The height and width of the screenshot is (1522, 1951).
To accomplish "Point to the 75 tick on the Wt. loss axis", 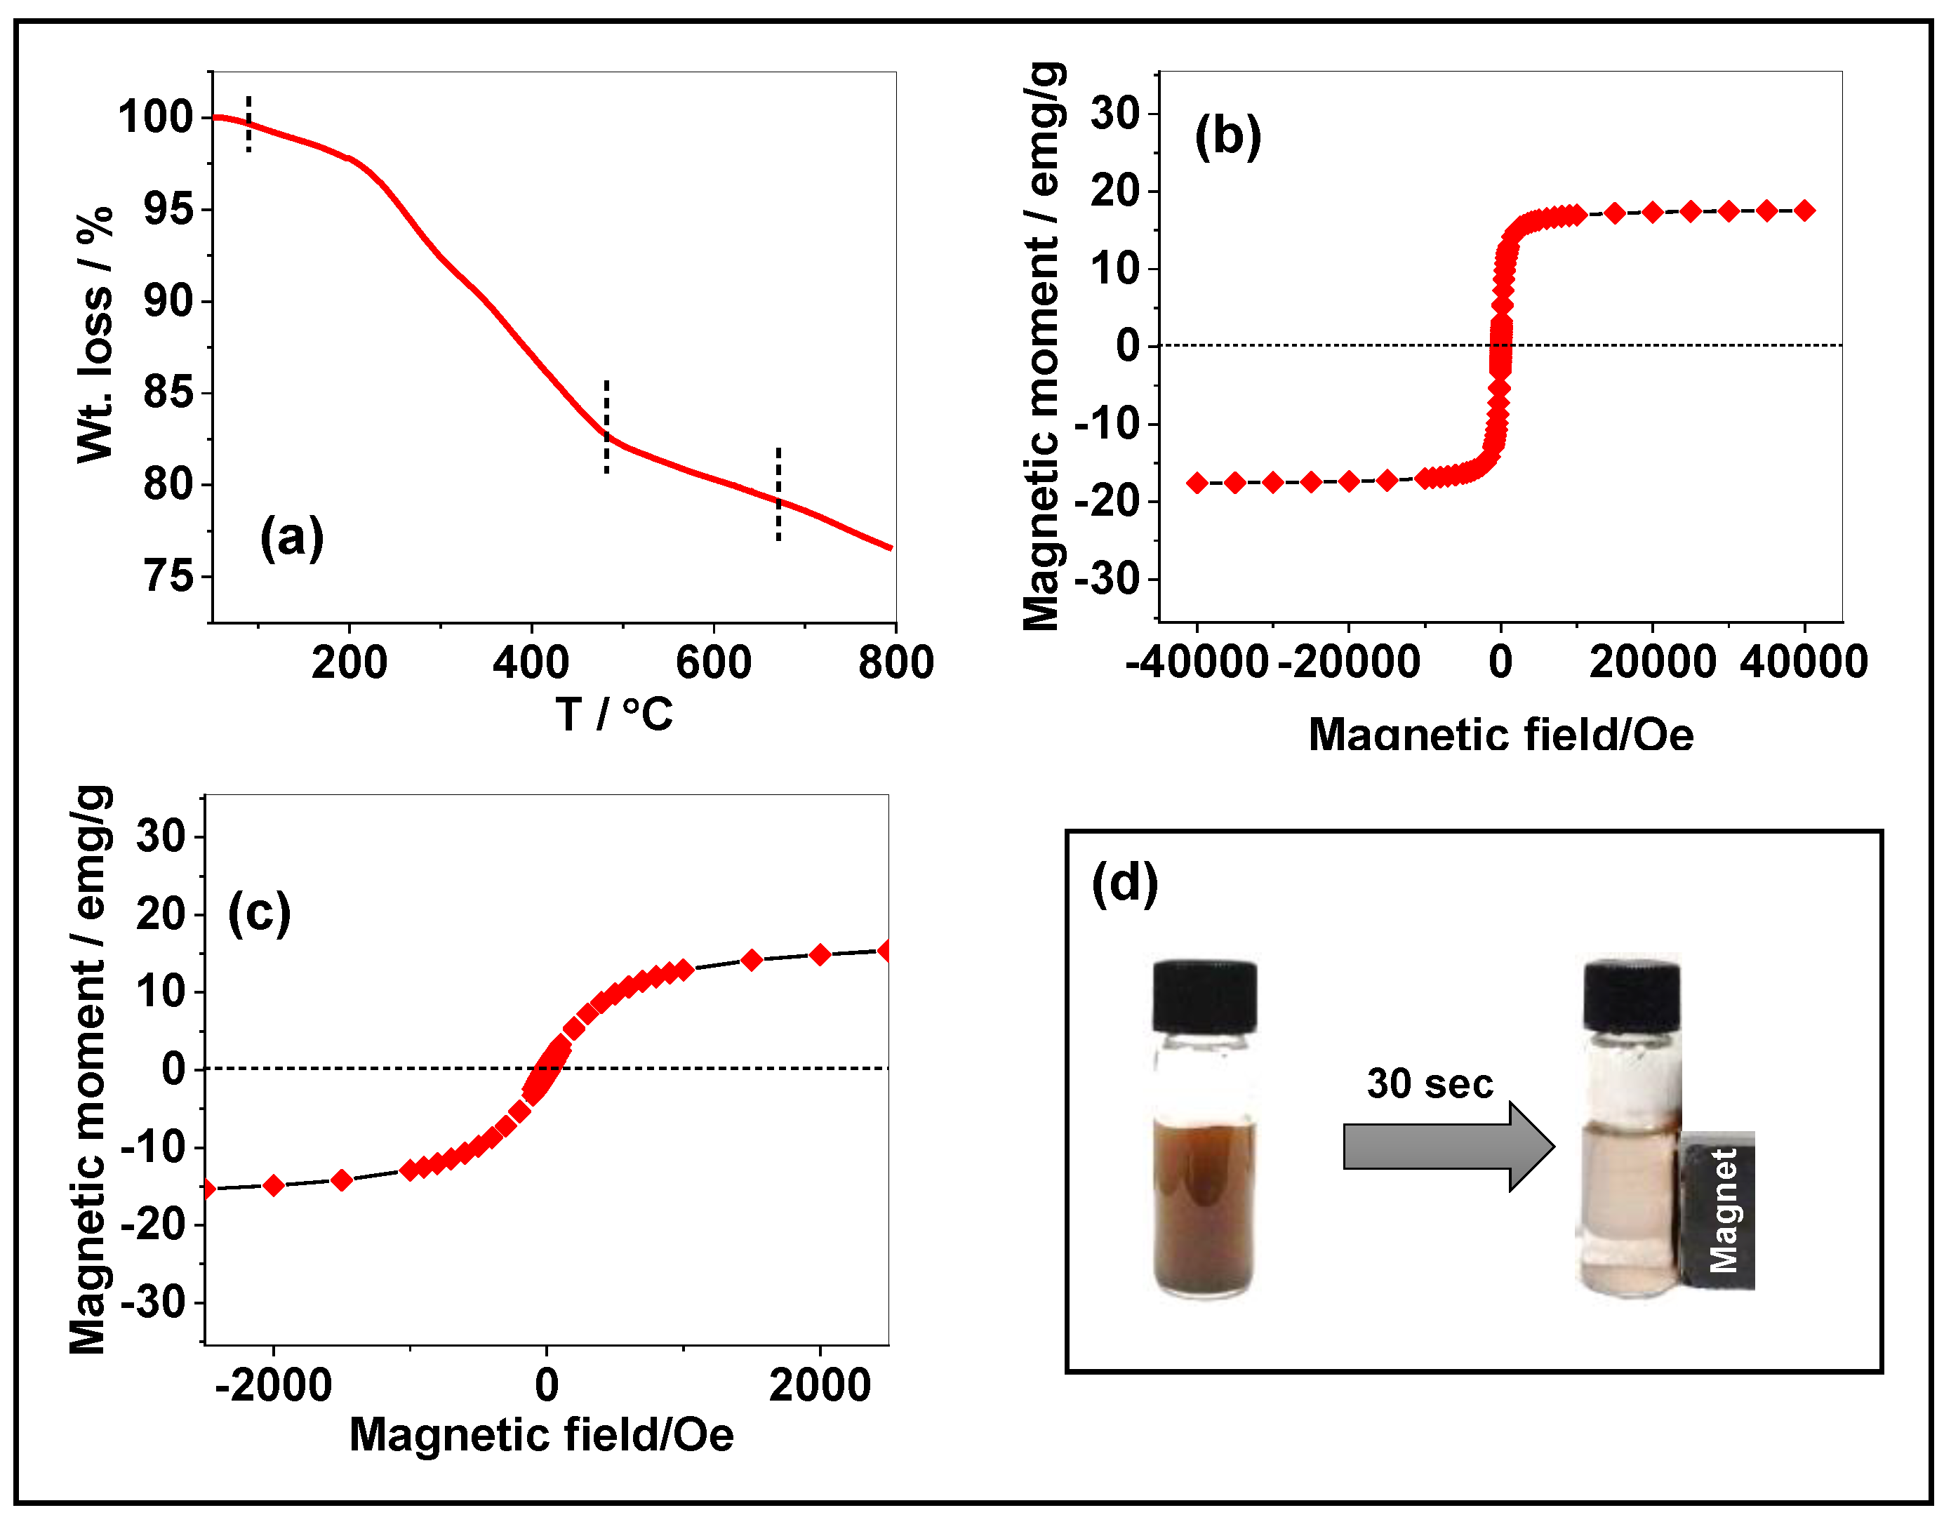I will click(169, 577).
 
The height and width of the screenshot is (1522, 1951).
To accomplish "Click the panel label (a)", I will click(291, 538).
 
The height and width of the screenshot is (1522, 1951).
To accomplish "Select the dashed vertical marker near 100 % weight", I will click(249, 124).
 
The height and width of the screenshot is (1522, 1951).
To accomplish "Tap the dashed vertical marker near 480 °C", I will click(606, 427).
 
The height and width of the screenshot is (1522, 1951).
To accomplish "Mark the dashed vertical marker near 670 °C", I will click(778, 494).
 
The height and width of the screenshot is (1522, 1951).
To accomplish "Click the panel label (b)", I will click(1227, 137).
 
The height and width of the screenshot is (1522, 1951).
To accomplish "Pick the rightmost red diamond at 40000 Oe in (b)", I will click(1804, 211).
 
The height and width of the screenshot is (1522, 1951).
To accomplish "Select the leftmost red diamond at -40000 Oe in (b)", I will click(1197, 483).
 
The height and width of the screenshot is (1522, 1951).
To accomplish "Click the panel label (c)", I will click(259, 913).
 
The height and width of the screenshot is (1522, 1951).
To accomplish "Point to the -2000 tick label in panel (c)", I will click(274, 1387).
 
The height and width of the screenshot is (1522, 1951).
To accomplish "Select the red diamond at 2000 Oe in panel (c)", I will click(820, 955).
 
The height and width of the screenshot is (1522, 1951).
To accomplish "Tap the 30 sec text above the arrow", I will click(1430, 1084).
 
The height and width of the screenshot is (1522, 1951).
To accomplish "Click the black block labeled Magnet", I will click(1719, 1210).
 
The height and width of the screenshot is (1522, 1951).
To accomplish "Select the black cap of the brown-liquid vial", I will click(1204, 996).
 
